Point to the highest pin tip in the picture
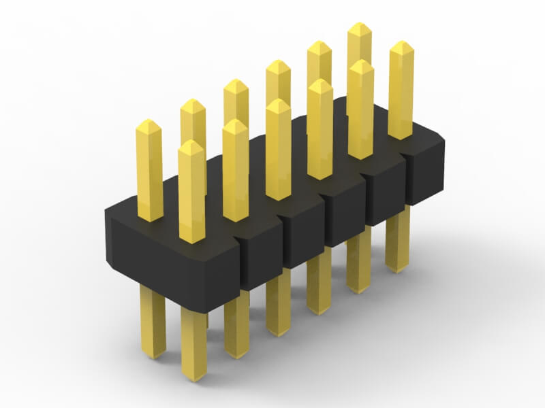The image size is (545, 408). tap(359, 27)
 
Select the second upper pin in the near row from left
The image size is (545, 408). tap(235, 170)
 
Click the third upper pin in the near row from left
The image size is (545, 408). tap(278, 150)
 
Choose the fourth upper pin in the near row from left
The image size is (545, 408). tap(320, 129)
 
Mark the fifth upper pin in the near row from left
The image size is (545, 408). tap(360, 109)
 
